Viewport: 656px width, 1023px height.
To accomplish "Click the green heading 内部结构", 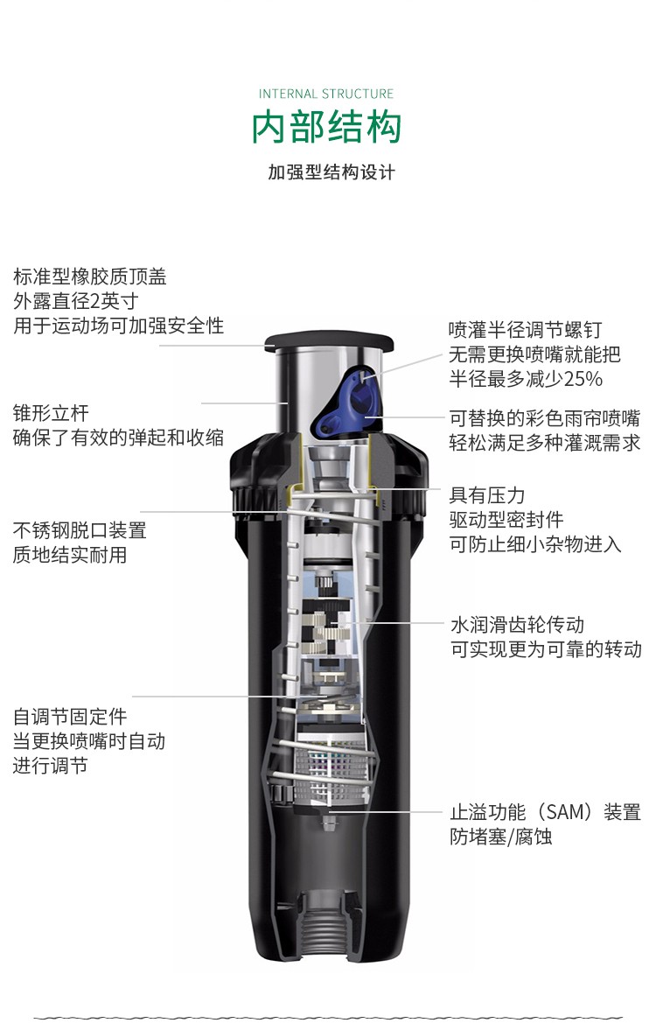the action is (x=327, y=127).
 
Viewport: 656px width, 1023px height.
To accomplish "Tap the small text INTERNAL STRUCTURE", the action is (x=327, y=94).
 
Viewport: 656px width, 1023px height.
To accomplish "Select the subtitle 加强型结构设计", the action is (x=331, y=172).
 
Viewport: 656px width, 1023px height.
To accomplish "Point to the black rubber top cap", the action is (x=329, y=342).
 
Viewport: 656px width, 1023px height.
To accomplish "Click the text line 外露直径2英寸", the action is (x=75, y=301).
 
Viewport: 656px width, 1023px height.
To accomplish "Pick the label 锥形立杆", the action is (x=51, y=413).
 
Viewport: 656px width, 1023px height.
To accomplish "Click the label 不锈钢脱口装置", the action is (x=80, y=530).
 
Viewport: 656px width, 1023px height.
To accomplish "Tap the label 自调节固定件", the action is (x=70, y=717).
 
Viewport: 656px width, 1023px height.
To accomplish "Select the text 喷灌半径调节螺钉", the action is (x=525, y=330).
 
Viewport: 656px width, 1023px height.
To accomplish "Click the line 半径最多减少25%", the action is (x=526, y=378).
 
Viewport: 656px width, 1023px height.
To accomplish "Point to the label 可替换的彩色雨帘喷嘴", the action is (x=545, y=418).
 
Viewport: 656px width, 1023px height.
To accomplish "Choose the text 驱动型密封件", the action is (x=506, y=520).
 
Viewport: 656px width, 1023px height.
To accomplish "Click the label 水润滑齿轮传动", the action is (x=517, y=625).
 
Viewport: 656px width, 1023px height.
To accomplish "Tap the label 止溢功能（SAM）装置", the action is (x=545, y=812).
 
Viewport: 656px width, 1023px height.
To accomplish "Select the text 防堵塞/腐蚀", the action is (x=501, y=837).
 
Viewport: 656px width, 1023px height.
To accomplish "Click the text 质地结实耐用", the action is (x=70, y=555).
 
